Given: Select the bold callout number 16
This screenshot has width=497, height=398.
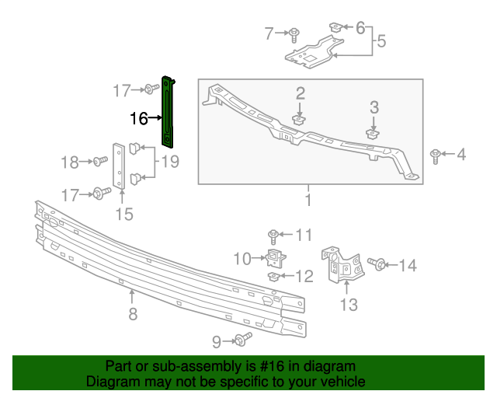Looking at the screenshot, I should click(139, 119).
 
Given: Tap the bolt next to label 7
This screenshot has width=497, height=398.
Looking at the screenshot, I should click(296, 33).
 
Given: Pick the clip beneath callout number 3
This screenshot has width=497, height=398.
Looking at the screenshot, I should click(373, 134).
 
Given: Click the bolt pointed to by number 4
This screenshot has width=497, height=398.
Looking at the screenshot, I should click(436, 155).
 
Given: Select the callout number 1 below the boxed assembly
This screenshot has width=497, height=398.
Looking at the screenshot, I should click(308, 201).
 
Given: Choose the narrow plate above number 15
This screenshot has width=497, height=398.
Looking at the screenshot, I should click(119, 165).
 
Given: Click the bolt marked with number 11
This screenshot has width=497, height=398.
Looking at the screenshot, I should click(274, 235).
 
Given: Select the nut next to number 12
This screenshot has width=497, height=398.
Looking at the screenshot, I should click(274, 276).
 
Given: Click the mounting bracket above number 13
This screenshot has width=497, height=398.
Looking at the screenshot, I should click(342, 264).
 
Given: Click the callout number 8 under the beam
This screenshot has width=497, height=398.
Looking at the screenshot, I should click(133, 314).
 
